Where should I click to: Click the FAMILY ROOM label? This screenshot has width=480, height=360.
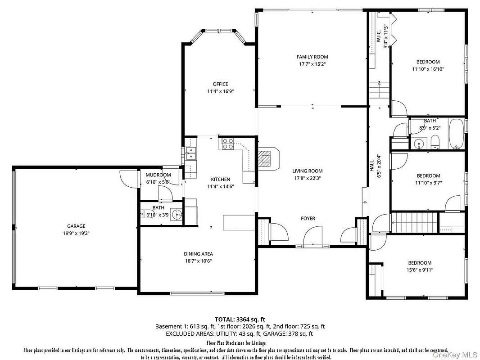point(312,57)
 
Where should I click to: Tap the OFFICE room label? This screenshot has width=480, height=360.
point(220,84)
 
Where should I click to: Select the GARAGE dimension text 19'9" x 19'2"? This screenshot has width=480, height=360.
point(76,233)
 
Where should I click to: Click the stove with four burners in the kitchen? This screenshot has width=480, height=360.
point(228,144)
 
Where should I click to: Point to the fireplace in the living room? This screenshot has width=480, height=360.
point(268,159)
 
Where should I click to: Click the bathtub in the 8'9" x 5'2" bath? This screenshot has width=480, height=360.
point(456,133)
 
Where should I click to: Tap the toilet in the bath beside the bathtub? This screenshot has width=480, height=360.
point(435,142)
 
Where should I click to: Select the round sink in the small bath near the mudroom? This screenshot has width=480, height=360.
point(177,214)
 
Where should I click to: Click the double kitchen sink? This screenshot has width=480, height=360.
point(191,153)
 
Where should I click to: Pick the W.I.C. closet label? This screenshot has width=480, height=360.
point(379,36)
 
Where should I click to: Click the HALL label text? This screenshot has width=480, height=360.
point(371,166)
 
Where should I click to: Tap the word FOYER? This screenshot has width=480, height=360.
point(308,218)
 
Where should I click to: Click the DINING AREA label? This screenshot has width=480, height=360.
point(198,253)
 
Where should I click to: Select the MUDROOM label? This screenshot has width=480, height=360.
point(158,175)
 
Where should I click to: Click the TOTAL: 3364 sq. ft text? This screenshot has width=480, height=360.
point(240,319)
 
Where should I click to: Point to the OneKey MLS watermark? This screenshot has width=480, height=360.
point(455,355)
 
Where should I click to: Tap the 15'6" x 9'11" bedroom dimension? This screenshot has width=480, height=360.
point(420,270)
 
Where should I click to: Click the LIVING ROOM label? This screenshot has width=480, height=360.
point(308,171)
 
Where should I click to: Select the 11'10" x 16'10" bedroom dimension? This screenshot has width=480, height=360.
point(428,69)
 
